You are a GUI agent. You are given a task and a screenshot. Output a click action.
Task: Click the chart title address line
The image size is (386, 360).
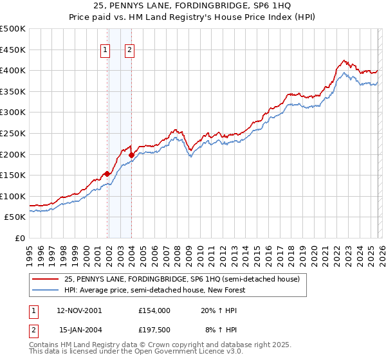point(193,6)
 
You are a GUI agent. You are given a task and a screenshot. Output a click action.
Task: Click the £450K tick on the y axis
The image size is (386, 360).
point(13,50)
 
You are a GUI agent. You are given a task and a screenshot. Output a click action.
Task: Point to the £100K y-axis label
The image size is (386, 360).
point(13,196)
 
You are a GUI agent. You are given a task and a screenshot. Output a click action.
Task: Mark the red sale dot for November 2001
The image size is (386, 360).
point(107,173)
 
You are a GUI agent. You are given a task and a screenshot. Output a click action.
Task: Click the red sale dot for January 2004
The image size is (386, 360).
point(131,155)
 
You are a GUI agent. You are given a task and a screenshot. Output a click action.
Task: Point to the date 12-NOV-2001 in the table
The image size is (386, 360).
point(80,310)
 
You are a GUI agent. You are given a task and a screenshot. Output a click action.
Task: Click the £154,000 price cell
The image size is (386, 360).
point(154,310)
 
